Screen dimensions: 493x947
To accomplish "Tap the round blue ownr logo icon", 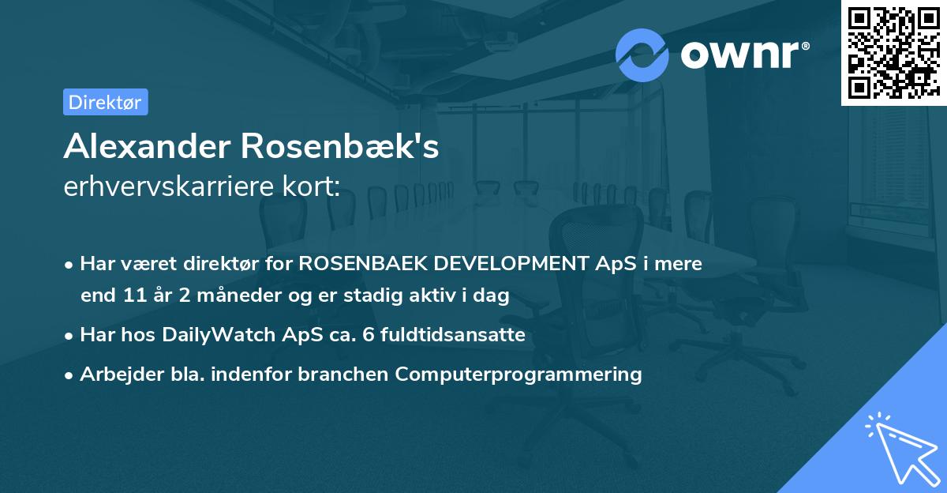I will point(642,55).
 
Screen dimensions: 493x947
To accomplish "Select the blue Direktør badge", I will point(105,102).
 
